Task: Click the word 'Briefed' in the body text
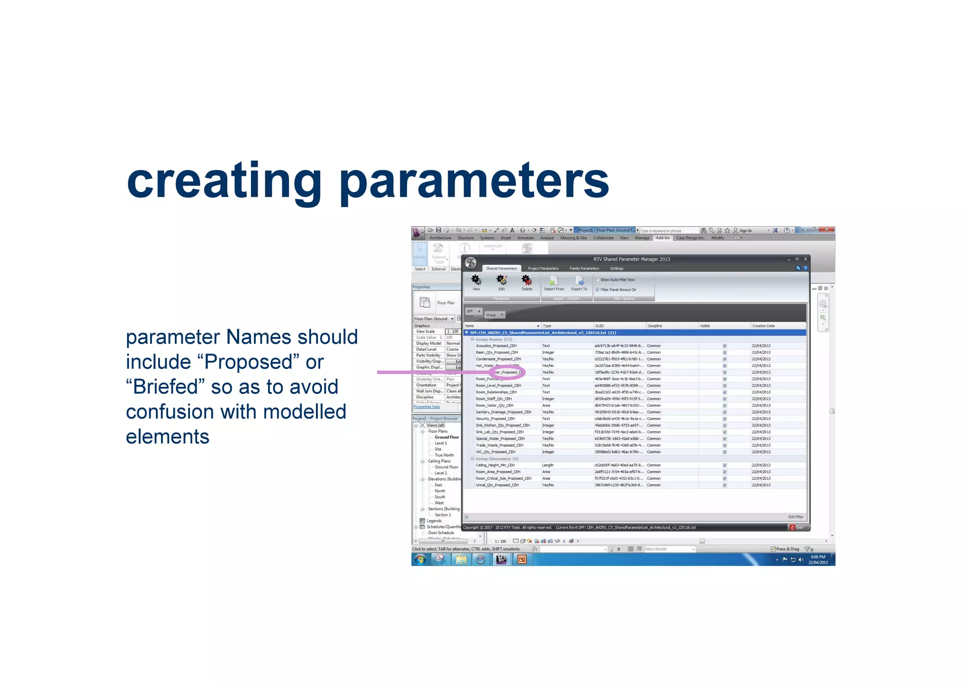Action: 165,387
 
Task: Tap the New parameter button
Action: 476,283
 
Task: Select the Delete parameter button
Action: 527,283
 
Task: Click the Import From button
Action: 554,283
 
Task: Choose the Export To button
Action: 579,283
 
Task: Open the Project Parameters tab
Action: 543,268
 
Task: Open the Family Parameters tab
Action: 584,268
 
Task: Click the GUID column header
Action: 600,326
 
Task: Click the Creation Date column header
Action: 763,326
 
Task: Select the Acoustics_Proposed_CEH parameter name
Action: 496,346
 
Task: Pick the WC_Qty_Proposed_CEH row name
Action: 495,452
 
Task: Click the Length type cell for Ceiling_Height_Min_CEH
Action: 548,465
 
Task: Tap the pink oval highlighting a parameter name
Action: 507,372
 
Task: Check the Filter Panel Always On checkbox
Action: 598,290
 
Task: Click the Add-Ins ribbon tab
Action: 662,238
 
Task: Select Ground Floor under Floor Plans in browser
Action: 447,437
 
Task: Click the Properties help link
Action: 427,407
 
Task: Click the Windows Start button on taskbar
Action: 420,560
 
